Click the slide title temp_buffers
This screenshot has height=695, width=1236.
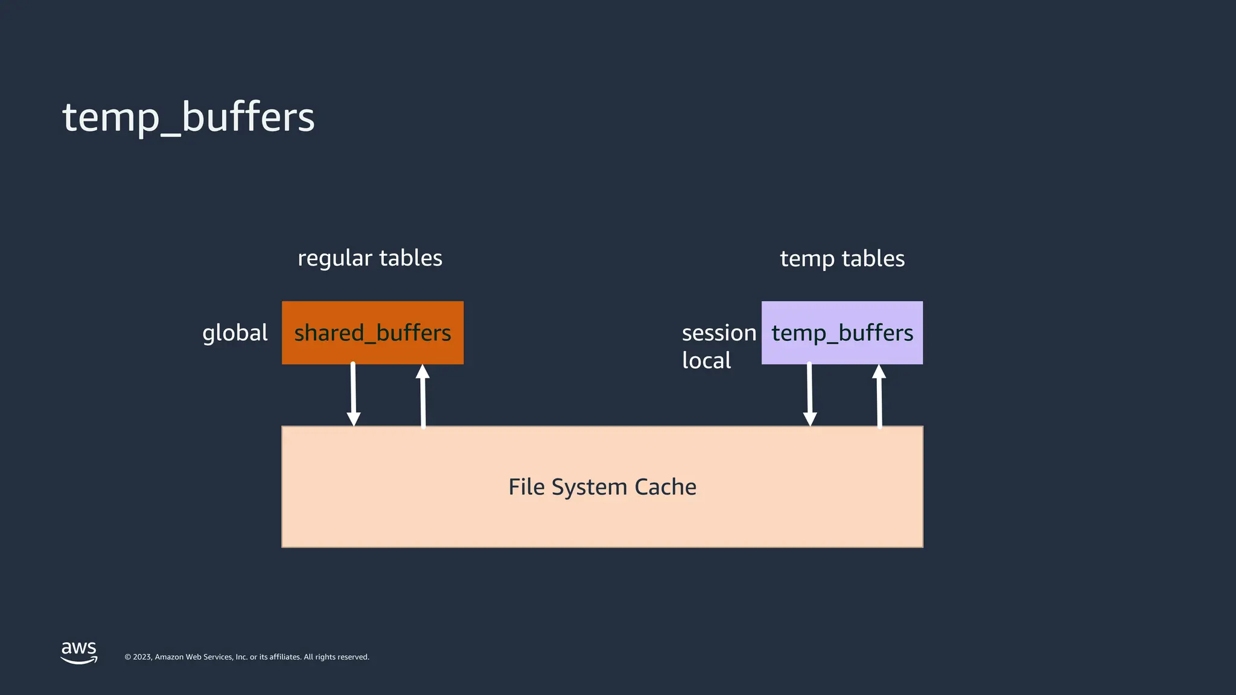coord(188,117)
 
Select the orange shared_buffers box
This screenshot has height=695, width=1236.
coord(372,332)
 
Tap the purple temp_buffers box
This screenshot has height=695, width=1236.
coord(842,332)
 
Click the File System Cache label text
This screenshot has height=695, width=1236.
coord(602,487)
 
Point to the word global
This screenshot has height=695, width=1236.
coord(235,333)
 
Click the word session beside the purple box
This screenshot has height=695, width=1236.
coord(719,333)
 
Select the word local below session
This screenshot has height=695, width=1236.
coord(706,361)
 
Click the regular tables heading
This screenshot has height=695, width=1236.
coord(369,258)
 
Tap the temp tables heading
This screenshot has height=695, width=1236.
coord(842,259)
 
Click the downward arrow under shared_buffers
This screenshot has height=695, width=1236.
coord(354,395)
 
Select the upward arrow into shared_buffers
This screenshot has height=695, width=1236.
coord(423,395)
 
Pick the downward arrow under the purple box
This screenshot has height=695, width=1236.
coord(810,395)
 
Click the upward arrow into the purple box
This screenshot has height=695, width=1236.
coord(879,395)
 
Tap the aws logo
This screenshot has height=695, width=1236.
coord(79,652)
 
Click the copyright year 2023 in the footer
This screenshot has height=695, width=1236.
coord(142,657)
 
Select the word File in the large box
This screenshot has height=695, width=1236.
coord(527,487)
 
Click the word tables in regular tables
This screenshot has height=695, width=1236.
coord(411,258)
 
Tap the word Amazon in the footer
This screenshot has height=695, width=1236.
coord(170,657)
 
